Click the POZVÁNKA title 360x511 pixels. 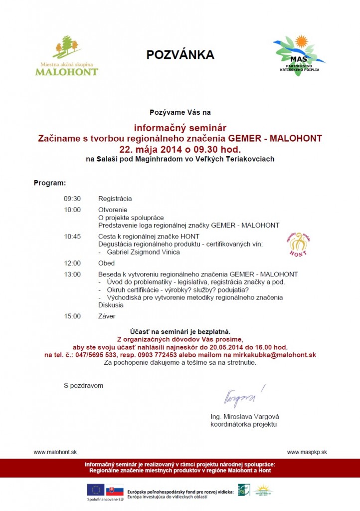pos(180,55)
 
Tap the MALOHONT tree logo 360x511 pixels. pos(67,55)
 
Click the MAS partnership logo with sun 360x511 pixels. pos(300,54)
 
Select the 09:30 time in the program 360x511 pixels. pos(72,199)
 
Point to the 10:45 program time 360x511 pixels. pos(72,236)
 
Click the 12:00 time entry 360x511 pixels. pos(72,263)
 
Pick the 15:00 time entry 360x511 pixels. pos(72,316)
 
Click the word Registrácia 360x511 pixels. pos(115,199)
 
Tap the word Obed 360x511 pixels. pos(107,263)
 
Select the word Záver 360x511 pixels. pos(107,316)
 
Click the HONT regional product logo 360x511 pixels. pos(298,244)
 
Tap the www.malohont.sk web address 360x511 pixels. pos(55,452)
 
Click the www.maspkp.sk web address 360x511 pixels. pos(307,452)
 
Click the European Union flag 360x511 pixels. pos(95,490)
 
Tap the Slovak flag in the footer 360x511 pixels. pos(115,490)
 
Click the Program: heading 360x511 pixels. pos(50,183)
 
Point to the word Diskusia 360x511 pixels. pos(111,305)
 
